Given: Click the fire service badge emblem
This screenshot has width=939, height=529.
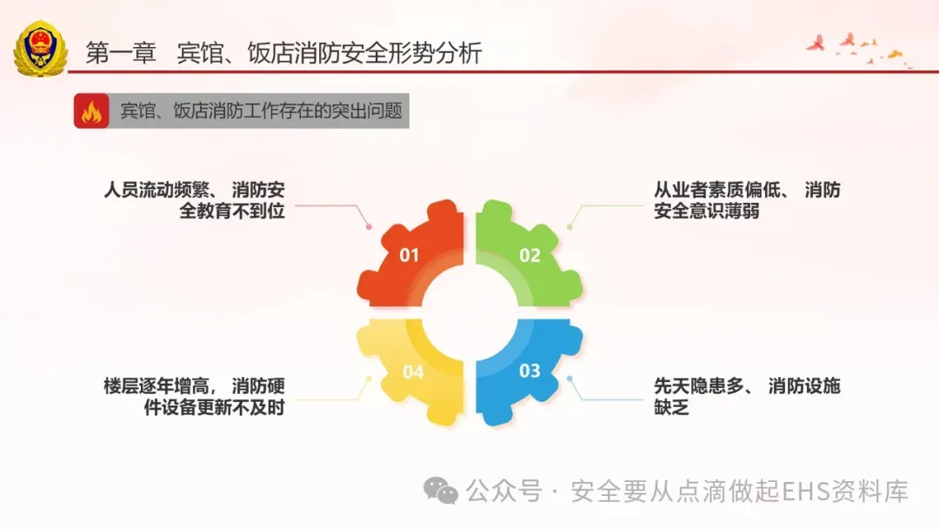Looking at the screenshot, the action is [x=41, y=49].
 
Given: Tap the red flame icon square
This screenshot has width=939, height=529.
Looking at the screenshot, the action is [x=91, y=110].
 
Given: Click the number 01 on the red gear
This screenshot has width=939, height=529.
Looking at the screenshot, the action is [x=409, y=255].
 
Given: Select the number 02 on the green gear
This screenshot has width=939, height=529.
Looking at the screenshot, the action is [x=530, y=255].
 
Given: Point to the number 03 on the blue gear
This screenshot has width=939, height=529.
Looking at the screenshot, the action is [x=530, y=371].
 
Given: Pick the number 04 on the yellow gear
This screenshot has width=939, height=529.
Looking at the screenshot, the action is [x=413, y=372].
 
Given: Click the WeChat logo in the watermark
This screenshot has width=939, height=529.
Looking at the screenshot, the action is [x=441, y=492].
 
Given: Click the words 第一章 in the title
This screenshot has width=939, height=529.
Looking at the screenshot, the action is [x=121, y=53].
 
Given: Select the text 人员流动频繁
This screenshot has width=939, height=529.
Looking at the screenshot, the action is [x=156, y=190].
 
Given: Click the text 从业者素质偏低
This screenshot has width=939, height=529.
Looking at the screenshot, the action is [x=716, y=190].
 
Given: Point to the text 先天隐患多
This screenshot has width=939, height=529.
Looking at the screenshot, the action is [x=698, y=385].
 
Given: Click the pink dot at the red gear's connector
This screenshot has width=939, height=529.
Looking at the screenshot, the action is [x=369, y=226].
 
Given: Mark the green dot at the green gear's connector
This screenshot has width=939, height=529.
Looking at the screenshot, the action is [x=569, y=226].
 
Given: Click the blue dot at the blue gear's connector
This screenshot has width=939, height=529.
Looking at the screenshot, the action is [x=569, y=378].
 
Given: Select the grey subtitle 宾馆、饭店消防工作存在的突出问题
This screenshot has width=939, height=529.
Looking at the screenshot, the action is [x=261, y=110].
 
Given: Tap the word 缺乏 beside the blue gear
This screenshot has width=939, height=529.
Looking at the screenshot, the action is [x=671, y=407].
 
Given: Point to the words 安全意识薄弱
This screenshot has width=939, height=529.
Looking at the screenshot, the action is [x=707, y=211].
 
